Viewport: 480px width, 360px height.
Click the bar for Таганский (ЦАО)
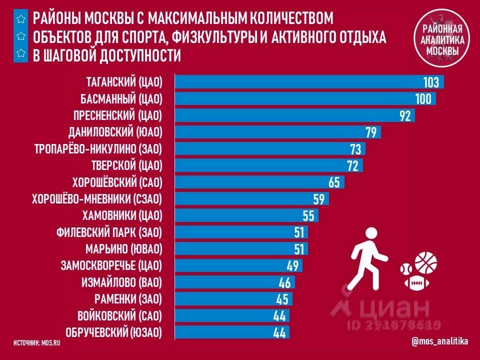pyautogui.click(x=300, y=82)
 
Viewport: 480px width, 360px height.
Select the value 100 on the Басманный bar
pyautogui.click(x=422, y=99)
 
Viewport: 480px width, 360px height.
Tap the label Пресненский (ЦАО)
pyautogui.click(x=121, y=115)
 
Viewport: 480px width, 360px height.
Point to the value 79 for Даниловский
pyautogui.click(x=371, y=132)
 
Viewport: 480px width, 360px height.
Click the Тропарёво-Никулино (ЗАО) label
pyautogui.click(x=98, y=149)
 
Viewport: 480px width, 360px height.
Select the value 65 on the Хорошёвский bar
pyautogui.click(x=334, y=182)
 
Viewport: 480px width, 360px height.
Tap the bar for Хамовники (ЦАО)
pyautogui.click(x=240, y=215)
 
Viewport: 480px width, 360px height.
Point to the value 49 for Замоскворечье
pyautogui.click(x=292, y=266)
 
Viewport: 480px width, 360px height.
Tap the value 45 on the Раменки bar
pyautogui.click(x=282, y=299)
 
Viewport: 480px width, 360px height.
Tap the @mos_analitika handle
pyautogui.click(x=440, y=341)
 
